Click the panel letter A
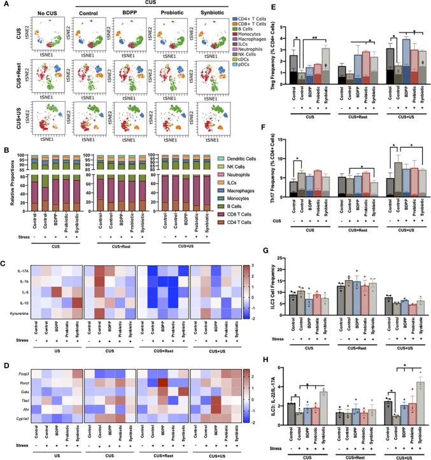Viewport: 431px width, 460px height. click(4, 4)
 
